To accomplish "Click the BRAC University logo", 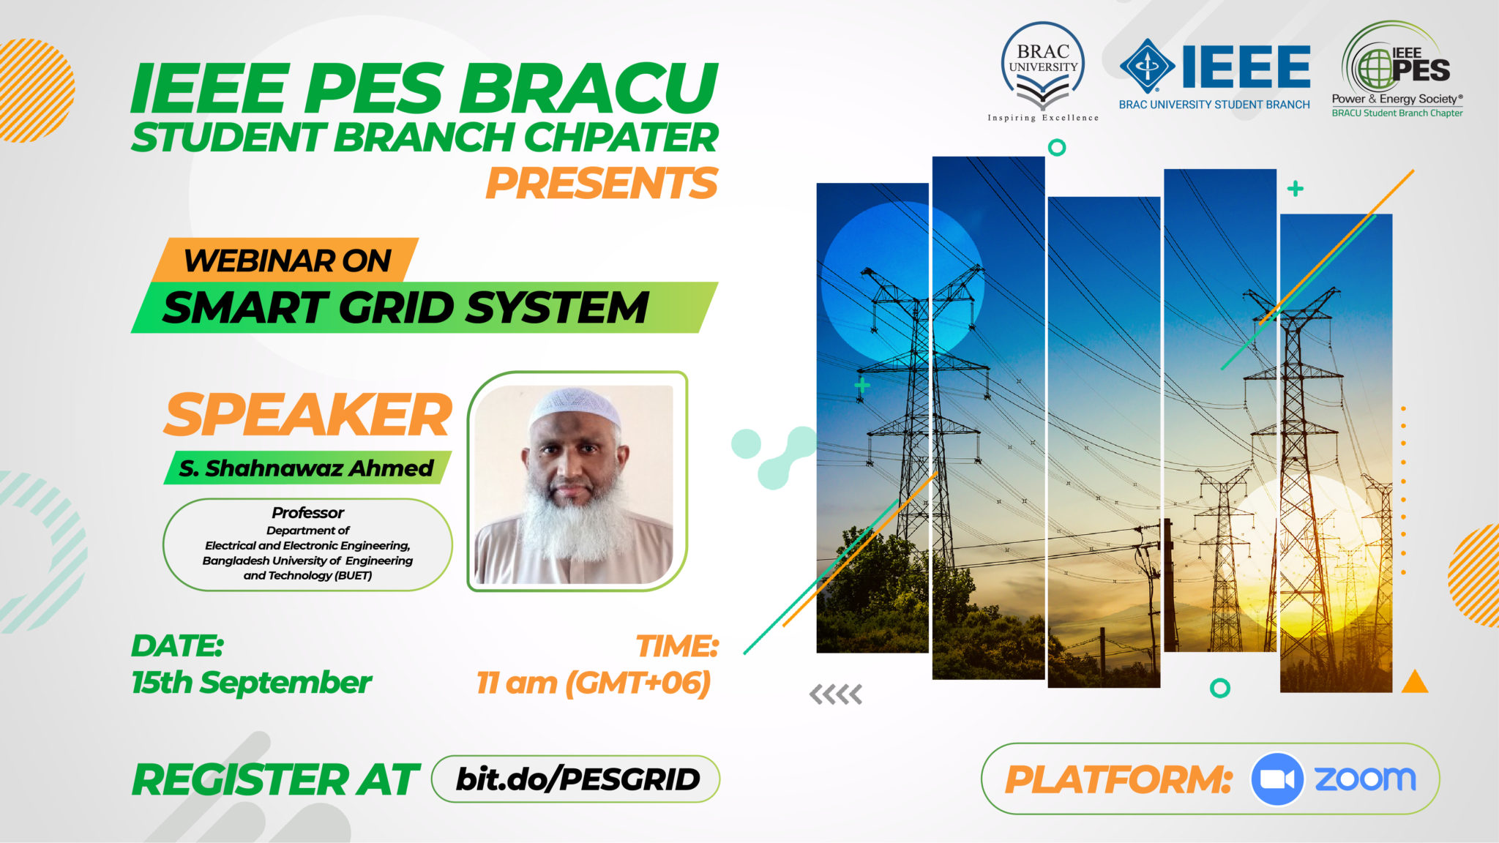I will tap(1043, 71).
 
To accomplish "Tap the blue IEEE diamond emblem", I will tap(1147, 67).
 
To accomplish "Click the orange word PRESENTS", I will tap(602, 183).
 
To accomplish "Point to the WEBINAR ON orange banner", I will tap(286, 261).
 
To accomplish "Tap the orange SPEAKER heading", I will tap(307, 415).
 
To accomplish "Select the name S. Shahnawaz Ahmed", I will tap(306, 468).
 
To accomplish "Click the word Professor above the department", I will tap(307, 512).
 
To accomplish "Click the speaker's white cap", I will tap(575, 406).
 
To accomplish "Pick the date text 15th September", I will tap(251, 683).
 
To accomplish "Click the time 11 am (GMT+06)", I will tap(593, 683).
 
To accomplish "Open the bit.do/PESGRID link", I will tap(577, 779).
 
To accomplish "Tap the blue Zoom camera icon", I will tap(1276, 779).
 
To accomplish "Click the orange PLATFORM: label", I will tap(1118, 779).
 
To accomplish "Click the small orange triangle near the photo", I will tap(1414, 682).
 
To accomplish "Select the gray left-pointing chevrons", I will tap(835, 694).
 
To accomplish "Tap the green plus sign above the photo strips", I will tap(1295, 189).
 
